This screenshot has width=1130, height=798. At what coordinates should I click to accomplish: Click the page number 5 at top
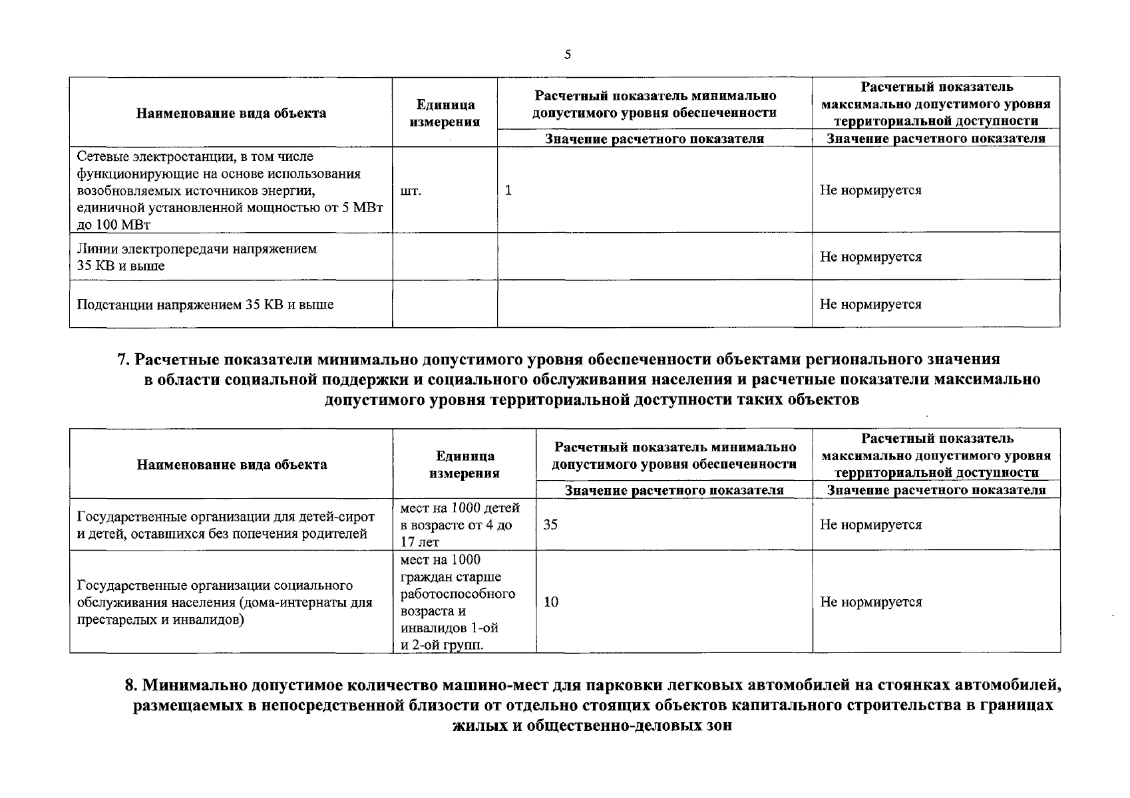tap(567, 55)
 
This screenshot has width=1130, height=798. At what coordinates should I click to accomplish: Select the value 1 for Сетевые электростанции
tap(508, 190)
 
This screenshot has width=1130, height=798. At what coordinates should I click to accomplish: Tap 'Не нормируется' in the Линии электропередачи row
tap(870, 257)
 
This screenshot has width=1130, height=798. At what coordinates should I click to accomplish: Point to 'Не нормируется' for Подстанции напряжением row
tap(870, 305)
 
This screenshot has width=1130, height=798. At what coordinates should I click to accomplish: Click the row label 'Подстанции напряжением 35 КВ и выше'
tap(205, 305)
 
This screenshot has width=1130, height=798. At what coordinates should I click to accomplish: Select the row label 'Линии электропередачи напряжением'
tap(197, 249)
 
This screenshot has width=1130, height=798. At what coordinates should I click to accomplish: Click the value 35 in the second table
tap(550, 525)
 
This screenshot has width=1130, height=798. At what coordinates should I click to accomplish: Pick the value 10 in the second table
tap(551, 602)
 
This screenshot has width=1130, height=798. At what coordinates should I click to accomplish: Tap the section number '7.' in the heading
tap(123, 360)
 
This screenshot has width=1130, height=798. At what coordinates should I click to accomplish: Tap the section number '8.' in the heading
tap(131, 685)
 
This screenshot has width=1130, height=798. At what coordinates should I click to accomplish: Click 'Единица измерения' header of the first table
tap(445, 113)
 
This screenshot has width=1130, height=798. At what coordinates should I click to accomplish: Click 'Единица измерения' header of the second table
tap(465, 464)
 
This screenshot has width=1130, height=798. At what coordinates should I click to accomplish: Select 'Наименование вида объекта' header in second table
tap(232, 464)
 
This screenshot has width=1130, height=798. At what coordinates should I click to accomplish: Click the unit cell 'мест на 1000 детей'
tap(460, 509)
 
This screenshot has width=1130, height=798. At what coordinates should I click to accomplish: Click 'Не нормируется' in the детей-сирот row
tap(870, 525)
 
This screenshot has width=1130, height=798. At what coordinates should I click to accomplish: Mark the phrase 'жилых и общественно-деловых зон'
tap(592, 725)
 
